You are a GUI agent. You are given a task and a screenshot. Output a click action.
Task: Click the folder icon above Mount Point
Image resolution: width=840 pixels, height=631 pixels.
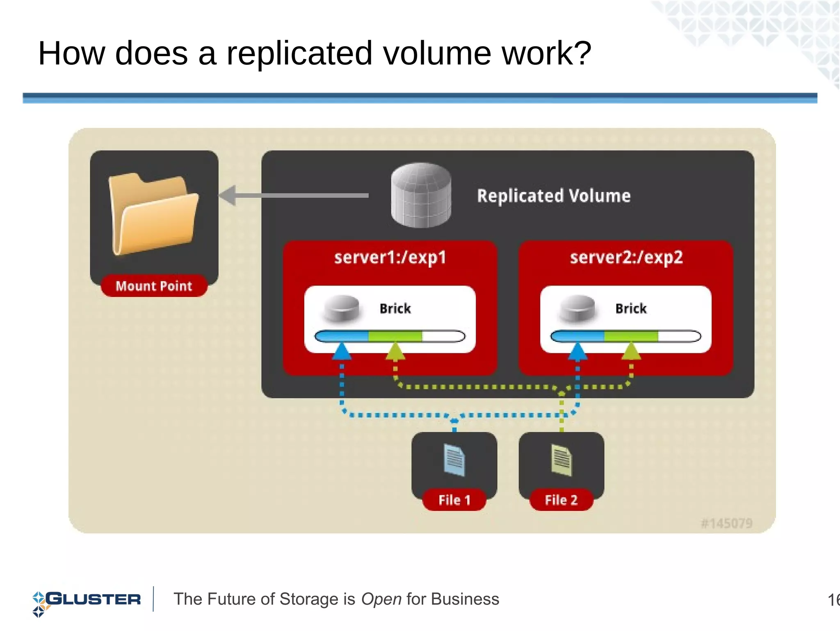tap(153, 213)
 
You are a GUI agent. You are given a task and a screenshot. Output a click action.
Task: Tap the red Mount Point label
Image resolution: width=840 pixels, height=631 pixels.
tap(154, 286)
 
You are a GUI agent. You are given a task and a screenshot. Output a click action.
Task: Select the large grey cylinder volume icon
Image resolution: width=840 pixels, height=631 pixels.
tap(421, 195)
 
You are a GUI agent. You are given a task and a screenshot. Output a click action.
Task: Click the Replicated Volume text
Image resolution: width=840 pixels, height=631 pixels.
tap(553, 196)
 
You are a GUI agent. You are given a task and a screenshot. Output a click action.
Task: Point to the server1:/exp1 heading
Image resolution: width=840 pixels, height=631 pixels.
tap(390, 257)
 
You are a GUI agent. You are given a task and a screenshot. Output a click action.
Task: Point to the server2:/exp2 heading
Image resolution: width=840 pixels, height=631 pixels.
tap(626, 257)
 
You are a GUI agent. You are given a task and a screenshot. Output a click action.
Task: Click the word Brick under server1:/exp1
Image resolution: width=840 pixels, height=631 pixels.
tap(395, 308)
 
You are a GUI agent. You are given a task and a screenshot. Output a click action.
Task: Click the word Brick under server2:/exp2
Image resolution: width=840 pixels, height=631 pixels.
tap(631, 308)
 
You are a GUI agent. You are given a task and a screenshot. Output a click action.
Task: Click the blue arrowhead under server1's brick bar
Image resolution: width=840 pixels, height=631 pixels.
tap(342, 352)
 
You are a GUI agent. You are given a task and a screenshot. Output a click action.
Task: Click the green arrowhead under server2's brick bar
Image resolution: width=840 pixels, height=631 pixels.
tap(631, 352)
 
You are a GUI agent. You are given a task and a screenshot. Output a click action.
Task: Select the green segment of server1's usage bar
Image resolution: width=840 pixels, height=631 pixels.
tap(395, 337)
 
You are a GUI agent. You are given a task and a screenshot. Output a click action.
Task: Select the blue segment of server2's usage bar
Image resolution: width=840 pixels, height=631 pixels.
tap(577, 337)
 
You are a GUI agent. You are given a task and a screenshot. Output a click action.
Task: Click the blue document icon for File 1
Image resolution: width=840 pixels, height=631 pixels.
tap(454, 460)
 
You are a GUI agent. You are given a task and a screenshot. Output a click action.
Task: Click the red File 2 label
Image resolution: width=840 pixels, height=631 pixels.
tap(561, 500)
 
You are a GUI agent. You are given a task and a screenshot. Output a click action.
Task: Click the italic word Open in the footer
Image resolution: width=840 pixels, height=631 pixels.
tap(381, 599)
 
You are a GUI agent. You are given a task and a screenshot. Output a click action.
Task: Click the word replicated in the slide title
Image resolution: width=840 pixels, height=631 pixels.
tap(299, 53)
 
